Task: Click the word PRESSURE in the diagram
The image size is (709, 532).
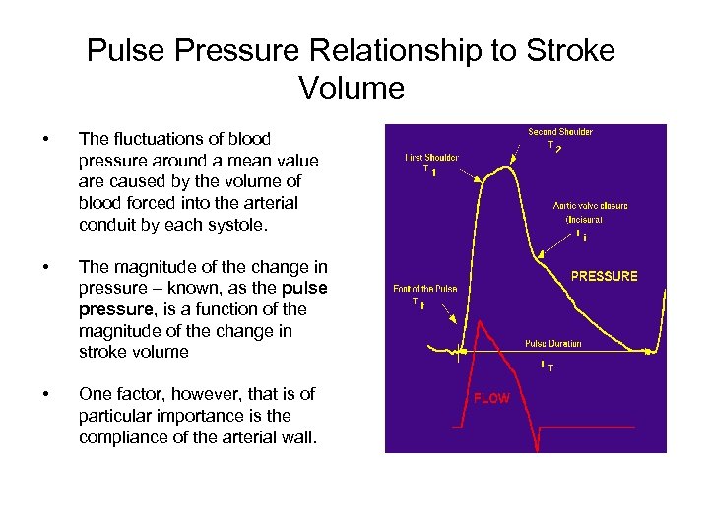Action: coord(604,276)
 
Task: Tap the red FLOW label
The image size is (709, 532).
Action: coord(491,398)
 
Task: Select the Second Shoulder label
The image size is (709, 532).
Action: coord(559,132)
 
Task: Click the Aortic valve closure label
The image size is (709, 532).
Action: coord(590,206)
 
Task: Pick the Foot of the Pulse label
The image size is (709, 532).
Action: coord(423,289)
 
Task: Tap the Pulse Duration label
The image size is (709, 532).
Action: coord(552,344)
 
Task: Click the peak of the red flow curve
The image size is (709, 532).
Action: coord(478,325)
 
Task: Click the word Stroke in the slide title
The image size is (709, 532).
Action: coord(515,51)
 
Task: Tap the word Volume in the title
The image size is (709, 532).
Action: coord(352,89)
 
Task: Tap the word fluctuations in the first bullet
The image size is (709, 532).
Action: coord(159,139)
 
